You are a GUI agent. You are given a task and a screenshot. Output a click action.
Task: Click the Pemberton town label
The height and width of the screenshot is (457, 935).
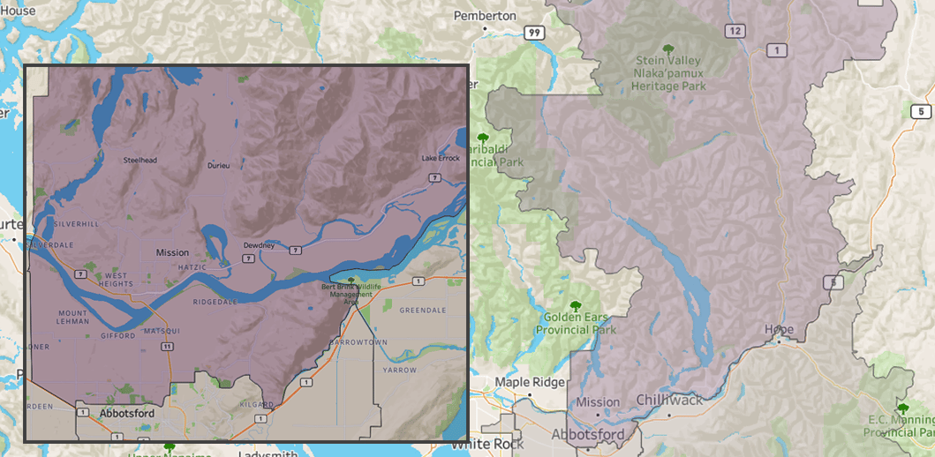[485, 16]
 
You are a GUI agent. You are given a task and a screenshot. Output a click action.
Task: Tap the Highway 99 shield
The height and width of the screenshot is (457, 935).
[533, 33]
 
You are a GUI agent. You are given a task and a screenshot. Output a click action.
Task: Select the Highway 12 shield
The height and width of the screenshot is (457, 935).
[735, 31]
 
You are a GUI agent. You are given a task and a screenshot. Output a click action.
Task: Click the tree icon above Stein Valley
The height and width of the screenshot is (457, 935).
[668, 49]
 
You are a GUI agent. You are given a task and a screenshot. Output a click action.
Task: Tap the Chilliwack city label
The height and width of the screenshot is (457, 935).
[669, 400]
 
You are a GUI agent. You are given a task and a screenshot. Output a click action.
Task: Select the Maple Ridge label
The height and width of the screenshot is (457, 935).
[527, 383]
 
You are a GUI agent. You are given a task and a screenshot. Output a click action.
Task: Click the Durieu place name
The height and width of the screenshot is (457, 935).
[218, 166]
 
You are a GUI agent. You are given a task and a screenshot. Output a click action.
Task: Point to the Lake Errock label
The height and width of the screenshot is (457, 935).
[441, 158]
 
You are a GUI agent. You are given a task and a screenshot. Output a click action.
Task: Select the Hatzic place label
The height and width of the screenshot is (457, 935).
[191, 266]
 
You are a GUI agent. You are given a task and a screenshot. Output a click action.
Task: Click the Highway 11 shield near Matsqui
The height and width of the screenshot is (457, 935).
[167, 347]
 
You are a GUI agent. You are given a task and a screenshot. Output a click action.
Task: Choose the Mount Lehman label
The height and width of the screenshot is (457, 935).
[72, 318]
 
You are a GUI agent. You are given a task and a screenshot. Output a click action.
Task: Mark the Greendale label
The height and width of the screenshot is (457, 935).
[423, 311]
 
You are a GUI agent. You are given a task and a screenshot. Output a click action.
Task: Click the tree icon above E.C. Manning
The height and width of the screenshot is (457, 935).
[903, 408]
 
